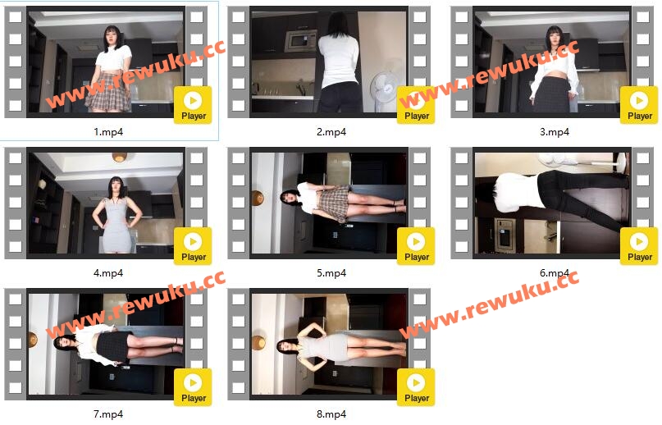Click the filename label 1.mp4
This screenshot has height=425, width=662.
[x=108, y=132]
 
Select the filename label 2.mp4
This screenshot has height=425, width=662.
[x=331, y=132]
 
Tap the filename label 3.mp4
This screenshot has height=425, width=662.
[x=555, y=132]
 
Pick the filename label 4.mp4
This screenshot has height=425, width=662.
[x=108, y=273]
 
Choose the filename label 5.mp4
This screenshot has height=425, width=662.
[x=331, y=273]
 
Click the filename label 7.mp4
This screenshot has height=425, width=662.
[x=108, y=414]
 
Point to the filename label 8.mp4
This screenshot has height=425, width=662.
[x=331, y=414]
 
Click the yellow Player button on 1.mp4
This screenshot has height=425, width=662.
[x=193, y=105]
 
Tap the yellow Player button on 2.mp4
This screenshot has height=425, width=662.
[x=416, y=105]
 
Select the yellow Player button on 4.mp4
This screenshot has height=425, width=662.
[x=193, y=246]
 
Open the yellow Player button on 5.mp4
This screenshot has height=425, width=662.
[x=416, y=246]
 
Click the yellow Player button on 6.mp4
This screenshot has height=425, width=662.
[x=639, y=246]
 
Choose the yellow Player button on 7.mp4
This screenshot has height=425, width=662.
[x=193, y=387]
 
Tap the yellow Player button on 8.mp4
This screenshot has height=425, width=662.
[x=416, y=387]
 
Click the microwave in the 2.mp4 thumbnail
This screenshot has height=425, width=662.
[x=300, y=40]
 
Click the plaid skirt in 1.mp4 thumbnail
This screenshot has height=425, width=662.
[x=108, y=93]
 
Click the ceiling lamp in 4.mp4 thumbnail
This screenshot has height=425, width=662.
[x=120, y=158]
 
